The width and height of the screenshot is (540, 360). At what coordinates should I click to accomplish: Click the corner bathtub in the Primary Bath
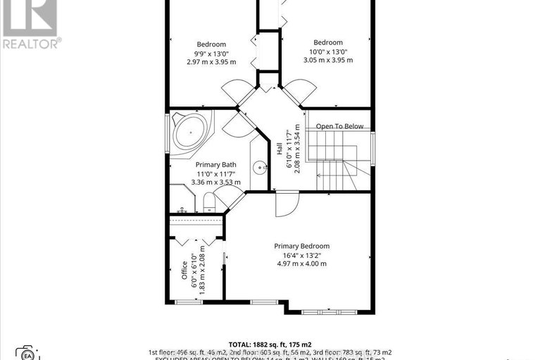coord(189,130)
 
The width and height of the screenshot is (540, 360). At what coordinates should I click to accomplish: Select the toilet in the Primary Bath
coord(209,204)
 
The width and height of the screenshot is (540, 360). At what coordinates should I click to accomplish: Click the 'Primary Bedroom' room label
coord(301,246)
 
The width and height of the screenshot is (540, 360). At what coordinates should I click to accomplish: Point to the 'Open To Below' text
coord(339,126)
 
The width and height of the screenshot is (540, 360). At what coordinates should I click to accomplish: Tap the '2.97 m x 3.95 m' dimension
coord(211,62)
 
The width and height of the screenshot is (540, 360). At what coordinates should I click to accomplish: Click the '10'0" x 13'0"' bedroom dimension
coord(328,52)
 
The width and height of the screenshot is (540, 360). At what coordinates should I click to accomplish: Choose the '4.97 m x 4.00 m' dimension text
coord(301,263)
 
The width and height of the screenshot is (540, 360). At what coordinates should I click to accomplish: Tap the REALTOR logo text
coord(31,43)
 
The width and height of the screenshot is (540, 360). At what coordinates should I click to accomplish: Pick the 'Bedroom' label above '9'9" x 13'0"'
coord(211,44)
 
